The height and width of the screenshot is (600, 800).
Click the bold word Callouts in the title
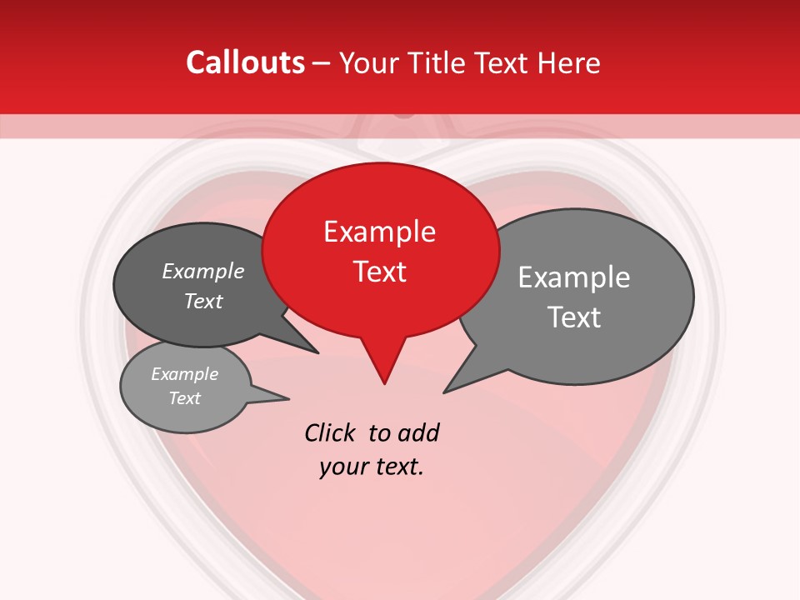245,62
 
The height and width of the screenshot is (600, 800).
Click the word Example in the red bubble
379,232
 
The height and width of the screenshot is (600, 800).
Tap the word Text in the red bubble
380,272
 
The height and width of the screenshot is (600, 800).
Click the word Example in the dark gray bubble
203,272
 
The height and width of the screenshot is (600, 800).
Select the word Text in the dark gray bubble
203,301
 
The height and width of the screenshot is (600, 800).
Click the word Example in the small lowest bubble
185,374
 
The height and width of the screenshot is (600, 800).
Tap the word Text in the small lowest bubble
185,398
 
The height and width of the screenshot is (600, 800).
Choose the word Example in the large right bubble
574,277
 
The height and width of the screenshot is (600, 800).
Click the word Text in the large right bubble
574,317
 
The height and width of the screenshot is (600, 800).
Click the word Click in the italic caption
332,433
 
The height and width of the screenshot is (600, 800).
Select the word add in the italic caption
418,433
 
